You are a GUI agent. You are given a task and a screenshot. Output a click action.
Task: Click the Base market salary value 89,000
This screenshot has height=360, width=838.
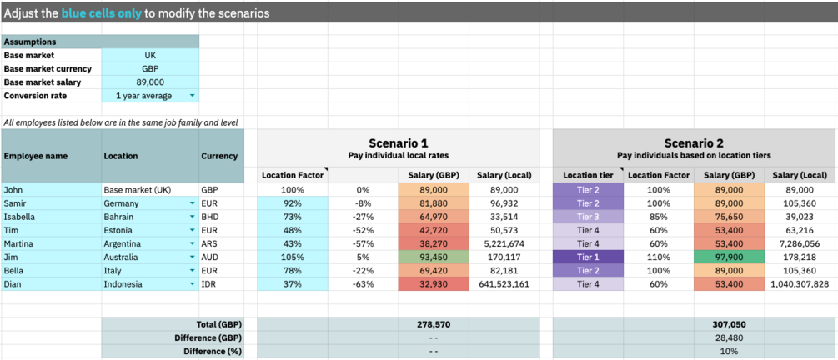(150, 82)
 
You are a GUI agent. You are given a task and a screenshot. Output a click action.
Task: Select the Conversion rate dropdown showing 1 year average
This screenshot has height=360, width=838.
(150, 96)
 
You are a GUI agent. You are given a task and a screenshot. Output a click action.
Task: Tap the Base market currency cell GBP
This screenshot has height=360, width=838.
(150, 69)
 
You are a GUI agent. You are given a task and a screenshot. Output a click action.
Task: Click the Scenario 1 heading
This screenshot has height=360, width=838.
(399, 143)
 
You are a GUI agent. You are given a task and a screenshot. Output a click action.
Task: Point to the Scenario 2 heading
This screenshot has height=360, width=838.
(694, 143)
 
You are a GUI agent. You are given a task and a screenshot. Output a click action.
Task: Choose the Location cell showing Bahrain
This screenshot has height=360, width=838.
(149, 217)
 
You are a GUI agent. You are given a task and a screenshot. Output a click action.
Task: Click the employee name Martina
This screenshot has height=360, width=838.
(51, 243)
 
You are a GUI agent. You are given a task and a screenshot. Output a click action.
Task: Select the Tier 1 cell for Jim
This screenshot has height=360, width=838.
(588, 257)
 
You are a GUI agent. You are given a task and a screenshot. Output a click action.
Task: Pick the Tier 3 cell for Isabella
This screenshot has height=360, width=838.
(588, 217)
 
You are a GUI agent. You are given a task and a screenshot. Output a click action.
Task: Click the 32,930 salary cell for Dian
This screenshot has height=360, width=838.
(434, 283)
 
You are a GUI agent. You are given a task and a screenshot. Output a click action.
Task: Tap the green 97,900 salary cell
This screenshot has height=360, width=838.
(731, 257)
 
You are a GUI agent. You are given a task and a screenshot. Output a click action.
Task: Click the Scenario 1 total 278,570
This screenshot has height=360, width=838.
(434, 323)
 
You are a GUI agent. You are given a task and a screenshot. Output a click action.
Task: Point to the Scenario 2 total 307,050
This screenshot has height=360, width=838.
(731, 323)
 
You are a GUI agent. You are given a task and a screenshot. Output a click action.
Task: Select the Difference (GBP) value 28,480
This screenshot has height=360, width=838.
(731, 337)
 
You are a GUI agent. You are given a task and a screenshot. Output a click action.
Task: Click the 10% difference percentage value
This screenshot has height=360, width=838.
(731, 351)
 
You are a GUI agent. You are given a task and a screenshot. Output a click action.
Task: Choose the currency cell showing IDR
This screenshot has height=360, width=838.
(221, 283)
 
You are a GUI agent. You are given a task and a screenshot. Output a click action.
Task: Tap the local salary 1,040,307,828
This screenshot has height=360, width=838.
(800, 283)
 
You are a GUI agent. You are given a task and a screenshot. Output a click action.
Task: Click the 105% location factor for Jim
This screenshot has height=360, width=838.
(292, 257)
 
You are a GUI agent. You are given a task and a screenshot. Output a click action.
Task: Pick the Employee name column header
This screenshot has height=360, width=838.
(51, 156)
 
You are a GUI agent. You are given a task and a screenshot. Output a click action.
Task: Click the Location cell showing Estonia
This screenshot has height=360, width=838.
(149, 230)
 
